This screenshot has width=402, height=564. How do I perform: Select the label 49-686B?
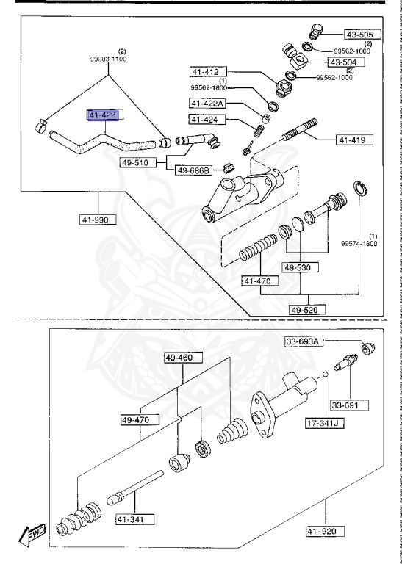(x=193, y=170)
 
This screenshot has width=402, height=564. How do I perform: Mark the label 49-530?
(x=302, y=268)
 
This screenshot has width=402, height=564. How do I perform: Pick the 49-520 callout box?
(x=304, y=310)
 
